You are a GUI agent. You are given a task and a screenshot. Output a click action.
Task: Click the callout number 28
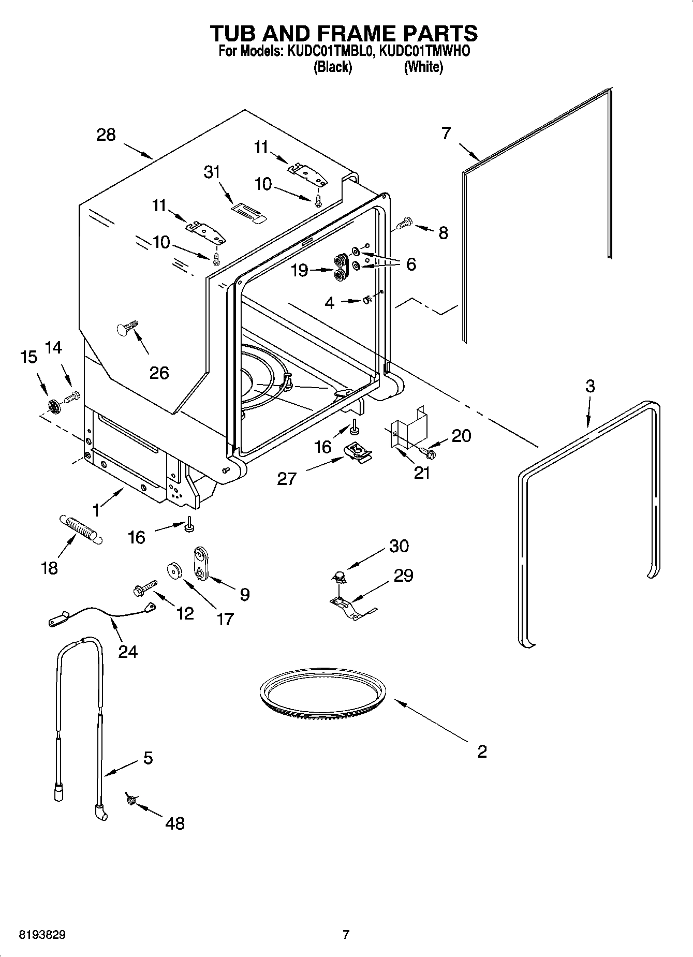pyautogui.click(x=106, y=135)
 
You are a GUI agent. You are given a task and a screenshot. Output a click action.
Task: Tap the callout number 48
pyautogui.click(x=175, y=823)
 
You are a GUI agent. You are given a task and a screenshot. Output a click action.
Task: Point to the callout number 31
pyautogui.click(x=212, y=172)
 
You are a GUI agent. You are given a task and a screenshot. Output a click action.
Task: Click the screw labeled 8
pyautogui.click(x=403, y=224)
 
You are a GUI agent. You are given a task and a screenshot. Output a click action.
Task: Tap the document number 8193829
pyautogui.click(x=42, y=935)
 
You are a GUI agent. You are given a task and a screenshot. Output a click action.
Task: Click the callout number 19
pyautogui.click(x=300, y=270)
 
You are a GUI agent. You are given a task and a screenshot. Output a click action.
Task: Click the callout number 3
pyautogui.click(x=590, y=386)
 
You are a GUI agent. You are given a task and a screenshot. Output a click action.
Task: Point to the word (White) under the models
pyautogui.click(x=423, y=67)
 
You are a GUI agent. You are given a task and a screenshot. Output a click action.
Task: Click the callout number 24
pyautogui.click(x=128, y=651)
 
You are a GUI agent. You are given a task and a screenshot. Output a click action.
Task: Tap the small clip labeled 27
pyautogui.click(x=358, y=452)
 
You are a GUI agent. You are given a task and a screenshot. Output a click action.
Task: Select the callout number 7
pyautogui.click(x=446, y=133)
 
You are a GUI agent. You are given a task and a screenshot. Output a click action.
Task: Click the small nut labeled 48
pyautogui.click(x=130, y=801)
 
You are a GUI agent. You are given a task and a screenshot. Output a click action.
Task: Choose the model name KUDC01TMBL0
pyautogui.click(x=328, y=51)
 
